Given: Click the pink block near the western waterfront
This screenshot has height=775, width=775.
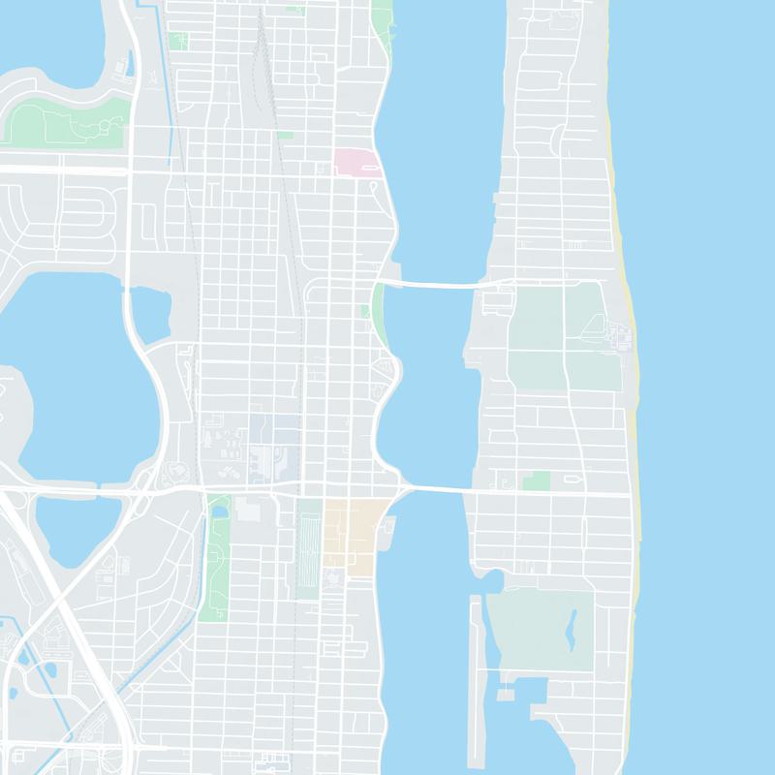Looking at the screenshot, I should pyautogui.click(x=354, y=162).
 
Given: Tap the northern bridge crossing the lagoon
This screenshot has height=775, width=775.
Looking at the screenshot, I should pyautogui.click(x=436, y=283).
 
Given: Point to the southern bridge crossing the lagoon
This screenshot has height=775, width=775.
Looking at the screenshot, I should pyautogui.click(x=436, y=489).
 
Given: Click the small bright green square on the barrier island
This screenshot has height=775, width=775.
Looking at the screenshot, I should pyautogui.click(x=536, y=480).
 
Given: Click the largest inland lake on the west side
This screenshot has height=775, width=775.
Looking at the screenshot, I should pyautogui.click(x=68, y=378).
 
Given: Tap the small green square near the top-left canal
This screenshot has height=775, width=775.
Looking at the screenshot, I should pyautogui.click(x=177, y=42).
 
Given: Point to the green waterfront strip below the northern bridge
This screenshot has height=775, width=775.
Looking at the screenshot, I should pyautogui.click(x=380, y=315).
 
